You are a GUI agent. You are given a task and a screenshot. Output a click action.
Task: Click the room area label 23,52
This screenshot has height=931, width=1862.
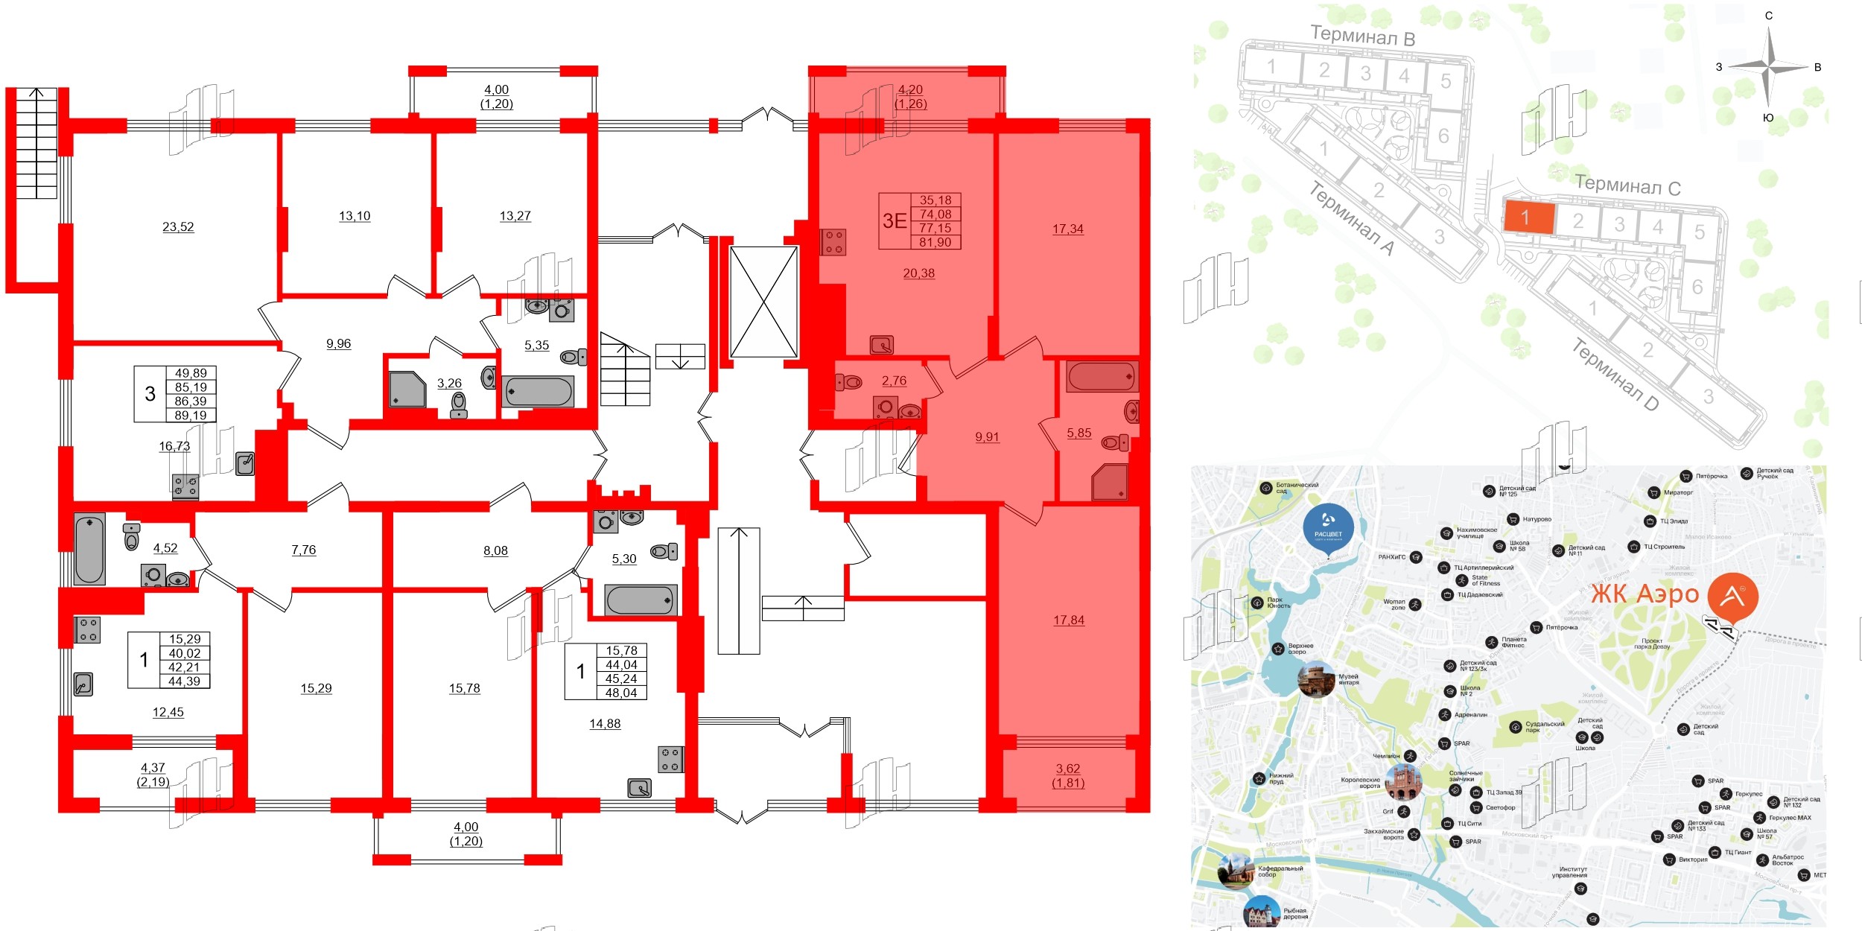[x=178, y=227]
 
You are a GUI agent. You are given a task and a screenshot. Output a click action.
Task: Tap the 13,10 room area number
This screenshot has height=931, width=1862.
[x=355, y=217]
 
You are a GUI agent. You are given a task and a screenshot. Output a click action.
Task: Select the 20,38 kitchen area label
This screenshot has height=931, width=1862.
[x=918, y=273]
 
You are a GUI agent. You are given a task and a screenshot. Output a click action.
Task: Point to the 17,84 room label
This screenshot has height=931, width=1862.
[x=1069, y=620]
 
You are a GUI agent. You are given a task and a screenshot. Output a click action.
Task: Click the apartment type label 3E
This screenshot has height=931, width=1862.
[x=895, y=221]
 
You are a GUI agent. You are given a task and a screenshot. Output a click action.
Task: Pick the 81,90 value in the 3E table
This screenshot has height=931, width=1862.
[x=935, y=242]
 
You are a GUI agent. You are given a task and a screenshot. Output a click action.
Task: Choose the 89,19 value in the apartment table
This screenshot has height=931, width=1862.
[x=191, y=416]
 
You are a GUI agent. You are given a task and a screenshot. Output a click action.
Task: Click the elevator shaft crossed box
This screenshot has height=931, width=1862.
[x=763, y=302]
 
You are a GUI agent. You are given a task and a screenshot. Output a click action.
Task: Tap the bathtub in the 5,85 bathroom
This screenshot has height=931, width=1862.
[x=1102, y=377]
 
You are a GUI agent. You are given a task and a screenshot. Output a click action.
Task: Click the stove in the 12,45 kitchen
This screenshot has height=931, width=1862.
[x=88, y=629]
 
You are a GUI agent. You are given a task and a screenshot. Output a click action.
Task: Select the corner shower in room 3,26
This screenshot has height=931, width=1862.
[x=407, y=390]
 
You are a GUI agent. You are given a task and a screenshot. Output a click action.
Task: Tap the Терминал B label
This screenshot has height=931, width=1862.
[x=1362, y=36]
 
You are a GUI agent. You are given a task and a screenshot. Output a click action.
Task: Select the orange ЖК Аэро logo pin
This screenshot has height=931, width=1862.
[x=1732, y=597]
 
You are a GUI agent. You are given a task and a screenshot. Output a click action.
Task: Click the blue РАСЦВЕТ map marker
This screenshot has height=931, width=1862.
[x=1328, y=528]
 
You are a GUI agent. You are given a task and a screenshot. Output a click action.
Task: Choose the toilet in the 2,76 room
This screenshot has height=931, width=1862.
[x=850, y=383]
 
